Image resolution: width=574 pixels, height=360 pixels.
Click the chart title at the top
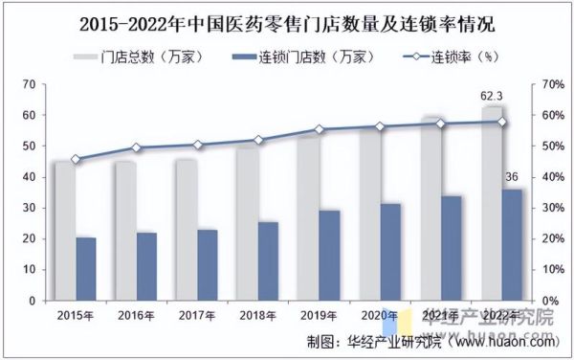tap(287, 20)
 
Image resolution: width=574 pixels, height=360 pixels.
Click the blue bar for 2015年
tap(85, 269)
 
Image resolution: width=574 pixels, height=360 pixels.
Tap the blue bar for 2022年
tap(513, 245)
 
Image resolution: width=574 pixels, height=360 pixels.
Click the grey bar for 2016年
tap(125, 231)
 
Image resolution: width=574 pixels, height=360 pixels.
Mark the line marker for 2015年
tap(76, 159)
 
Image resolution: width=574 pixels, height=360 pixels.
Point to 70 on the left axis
tap(28, 84)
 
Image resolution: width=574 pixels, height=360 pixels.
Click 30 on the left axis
tap(28, 208)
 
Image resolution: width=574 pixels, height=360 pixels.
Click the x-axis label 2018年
tap(258, 315)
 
